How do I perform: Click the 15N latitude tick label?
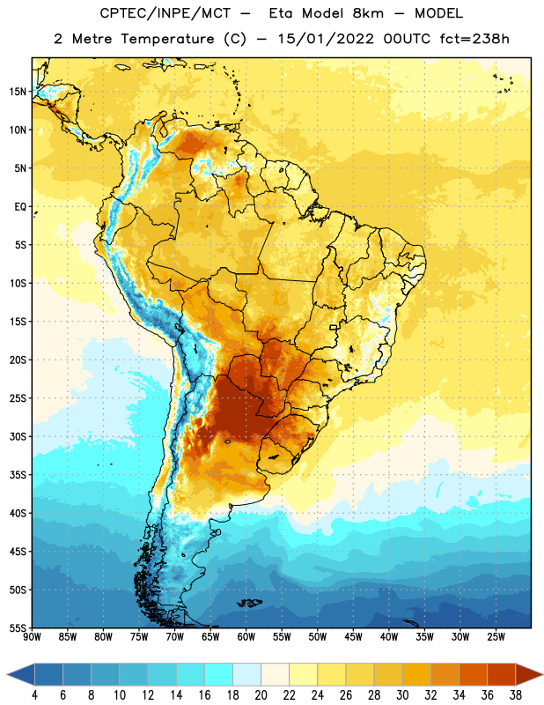[18, 92]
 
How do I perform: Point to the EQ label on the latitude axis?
[20, 207]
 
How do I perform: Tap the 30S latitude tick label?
[18, 436]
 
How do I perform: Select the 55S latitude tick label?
[18, 628]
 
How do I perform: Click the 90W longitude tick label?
[32, 637]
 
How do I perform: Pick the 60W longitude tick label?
[246, 637]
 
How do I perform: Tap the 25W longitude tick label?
[496, 637]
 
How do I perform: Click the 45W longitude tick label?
[354, 637]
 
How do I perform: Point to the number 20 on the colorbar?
[261, 694]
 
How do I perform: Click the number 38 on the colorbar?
[516, 694]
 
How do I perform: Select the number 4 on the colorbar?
[34, 694]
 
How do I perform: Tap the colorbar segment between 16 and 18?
[219, 674]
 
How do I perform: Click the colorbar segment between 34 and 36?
[474, 674]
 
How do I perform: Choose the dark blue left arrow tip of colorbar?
[7, 674]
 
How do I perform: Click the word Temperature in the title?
[167, 39]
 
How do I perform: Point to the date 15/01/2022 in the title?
[326, 39]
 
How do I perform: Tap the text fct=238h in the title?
[474, 39]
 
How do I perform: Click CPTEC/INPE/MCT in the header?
[165, 13]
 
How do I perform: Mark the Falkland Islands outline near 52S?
[250, 603]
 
